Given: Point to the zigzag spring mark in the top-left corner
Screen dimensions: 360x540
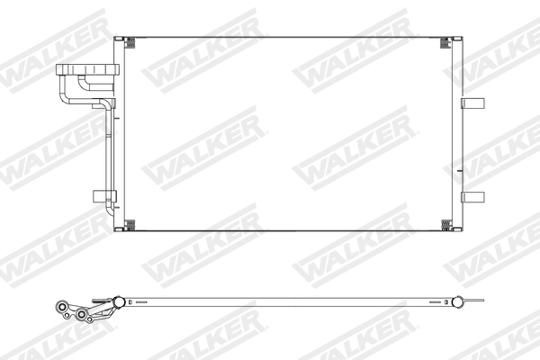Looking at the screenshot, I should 129,41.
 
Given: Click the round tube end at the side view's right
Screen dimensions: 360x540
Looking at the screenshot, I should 459,301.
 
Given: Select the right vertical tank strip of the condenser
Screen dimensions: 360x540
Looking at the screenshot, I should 459,135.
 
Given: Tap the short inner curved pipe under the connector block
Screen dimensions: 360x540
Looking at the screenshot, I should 84,85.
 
